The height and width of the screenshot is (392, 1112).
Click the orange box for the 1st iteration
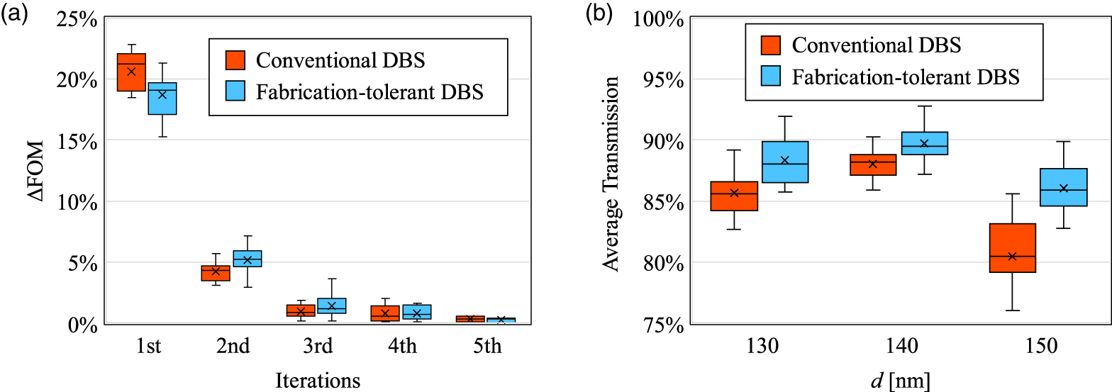(x=131, y=72)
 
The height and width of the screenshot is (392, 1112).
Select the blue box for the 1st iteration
(x=162, y=99)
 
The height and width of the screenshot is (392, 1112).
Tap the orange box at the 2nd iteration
(x=216, y=273)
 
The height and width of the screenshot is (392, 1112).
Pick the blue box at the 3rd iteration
(x=331, y=306)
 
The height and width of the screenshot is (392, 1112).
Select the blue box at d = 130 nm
(x=784, y=162)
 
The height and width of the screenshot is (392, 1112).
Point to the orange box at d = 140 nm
(x=872, y=164)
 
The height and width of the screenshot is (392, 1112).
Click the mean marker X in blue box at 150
(x=1063, y=188)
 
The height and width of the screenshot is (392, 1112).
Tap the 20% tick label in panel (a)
(x=75, y=79)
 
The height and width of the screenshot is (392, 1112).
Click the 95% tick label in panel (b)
(x=662, y=79)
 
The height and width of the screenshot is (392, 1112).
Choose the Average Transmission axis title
(x=611, y=172)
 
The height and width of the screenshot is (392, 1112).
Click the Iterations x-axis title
(x=317, y=380)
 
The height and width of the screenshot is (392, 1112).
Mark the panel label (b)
(x=599, y=14)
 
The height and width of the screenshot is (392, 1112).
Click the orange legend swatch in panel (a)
(x=235, y=60)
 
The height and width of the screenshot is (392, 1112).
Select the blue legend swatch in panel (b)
(x=771, y=77)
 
